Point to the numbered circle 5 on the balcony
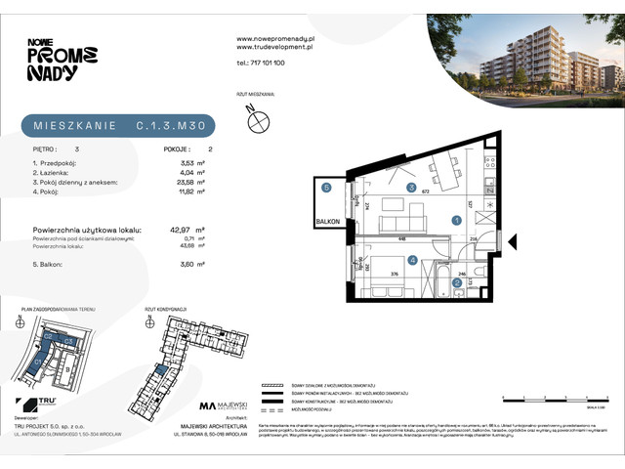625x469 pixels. [x=327, y=188]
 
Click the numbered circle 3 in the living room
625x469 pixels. [x=412, y=188]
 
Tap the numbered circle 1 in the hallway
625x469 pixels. [x=457, y=221]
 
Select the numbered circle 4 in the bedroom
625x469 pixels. [x=413, y=260]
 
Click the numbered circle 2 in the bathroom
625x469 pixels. [x=456, y=282]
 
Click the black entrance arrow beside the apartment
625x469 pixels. [x=515, y=240]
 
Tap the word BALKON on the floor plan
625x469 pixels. [x=327, y=222]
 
